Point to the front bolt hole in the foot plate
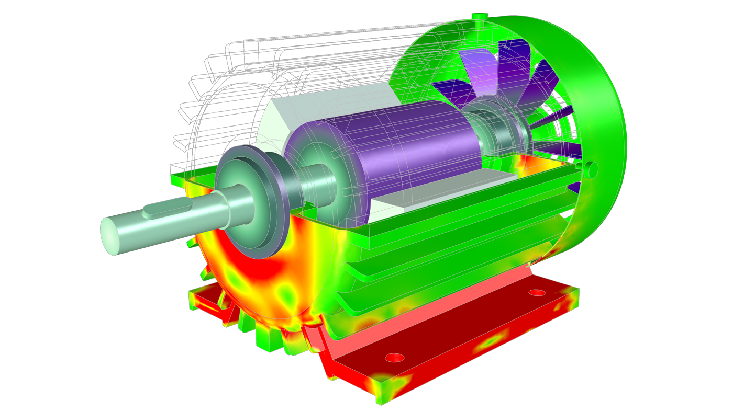(394, 358)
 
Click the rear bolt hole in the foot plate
(538, 292)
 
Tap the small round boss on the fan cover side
(591, 169)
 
